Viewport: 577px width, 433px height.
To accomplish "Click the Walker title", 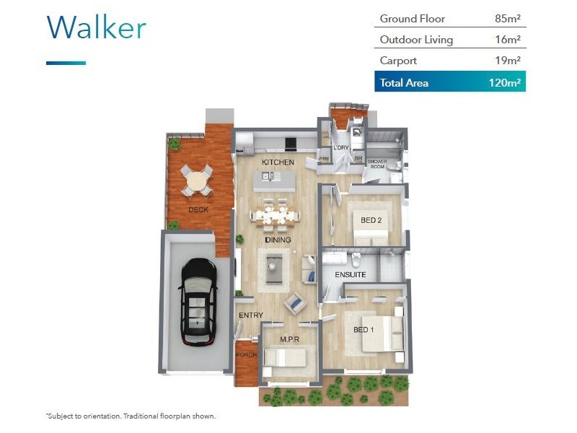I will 96,27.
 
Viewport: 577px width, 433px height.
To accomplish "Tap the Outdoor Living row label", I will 416,40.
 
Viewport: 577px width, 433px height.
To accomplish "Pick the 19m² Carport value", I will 508,61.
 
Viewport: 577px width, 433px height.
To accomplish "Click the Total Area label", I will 404,82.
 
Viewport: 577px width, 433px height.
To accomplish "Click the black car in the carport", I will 198,300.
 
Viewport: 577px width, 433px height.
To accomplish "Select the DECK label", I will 198,210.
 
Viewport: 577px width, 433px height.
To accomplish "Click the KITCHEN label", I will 278,162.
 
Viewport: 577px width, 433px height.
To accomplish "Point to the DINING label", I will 278,240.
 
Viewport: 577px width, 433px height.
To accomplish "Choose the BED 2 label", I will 371,220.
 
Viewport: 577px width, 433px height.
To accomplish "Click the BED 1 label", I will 364,330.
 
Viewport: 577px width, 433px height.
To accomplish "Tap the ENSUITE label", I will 351,275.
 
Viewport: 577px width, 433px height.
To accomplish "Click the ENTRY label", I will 250,315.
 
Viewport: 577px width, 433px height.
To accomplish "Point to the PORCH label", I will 246,354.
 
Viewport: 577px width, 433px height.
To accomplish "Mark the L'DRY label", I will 340,148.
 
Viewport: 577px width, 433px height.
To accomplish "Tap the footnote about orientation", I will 131,416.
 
